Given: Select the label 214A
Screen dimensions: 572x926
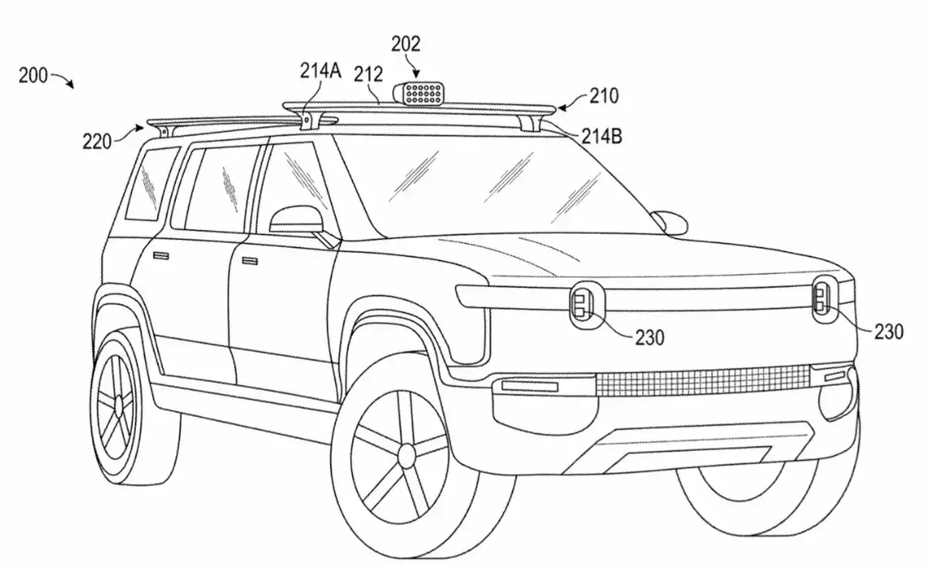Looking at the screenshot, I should [x=320, y=73].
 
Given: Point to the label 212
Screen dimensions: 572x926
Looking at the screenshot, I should [x=368, y=74].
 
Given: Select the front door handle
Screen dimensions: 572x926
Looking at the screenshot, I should [x=249, y=262].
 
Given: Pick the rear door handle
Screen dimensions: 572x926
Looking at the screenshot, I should [x=163, y=255].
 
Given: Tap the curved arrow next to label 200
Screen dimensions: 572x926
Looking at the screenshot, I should [x=64, y=80].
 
